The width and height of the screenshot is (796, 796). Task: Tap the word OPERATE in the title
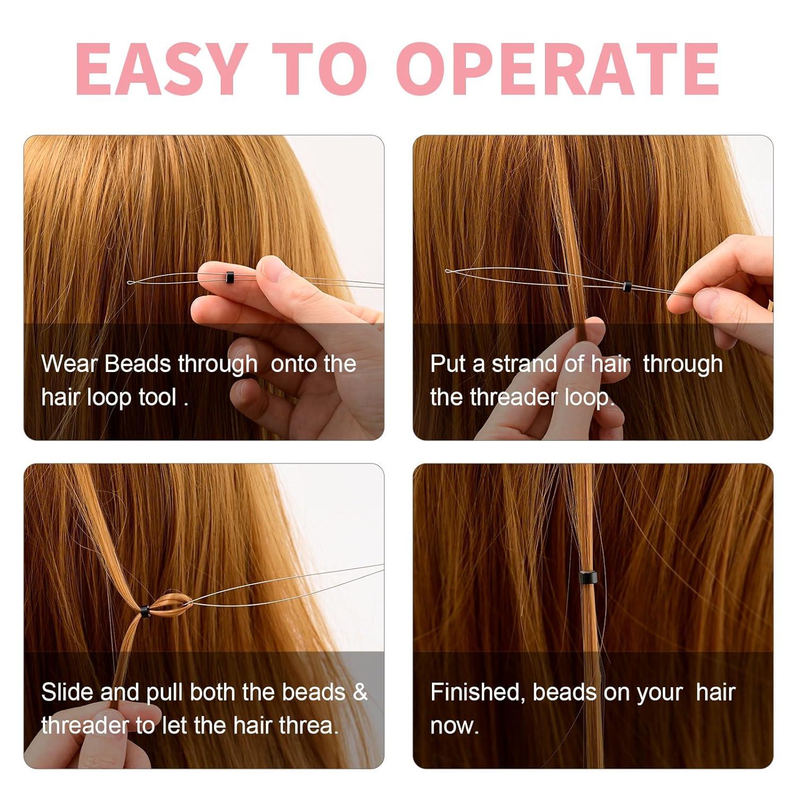557,69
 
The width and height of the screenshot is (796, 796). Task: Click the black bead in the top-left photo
229,276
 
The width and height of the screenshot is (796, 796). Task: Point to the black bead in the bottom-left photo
144,611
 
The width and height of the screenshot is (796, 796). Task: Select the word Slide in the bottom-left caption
67,692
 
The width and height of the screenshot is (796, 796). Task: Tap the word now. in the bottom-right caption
454,725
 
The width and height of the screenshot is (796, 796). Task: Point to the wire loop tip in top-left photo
130,282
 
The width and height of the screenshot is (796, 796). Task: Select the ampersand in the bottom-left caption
360,692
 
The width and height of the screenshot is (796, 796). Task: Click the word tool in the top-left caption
157,397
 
